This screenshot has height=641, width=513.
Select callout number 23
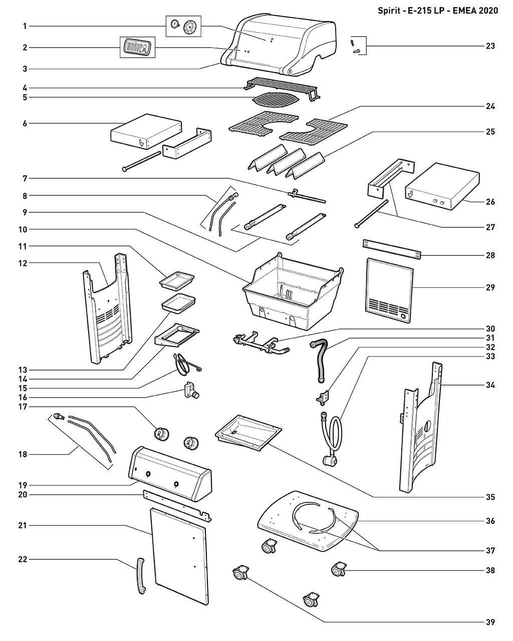(490, 46)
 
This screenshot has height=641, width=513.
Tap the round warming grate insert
(275, 100)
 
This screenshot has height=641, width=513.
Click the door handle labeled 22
(139, 577)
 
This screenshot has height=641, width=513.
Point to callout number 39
(490, 622)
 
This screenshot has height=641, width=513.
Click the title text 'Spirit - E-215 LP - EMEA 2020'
(438, 11)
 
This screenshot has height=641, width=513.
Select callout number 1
(25, 26)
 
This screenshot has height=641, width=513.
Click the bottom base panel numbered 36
(308, 521)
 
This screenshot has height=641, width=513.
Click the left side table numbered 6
(144, 131)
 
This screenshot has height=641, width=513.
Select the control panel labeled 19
(170, 473)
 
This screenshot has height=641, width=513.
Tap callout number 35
(490, 497)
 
